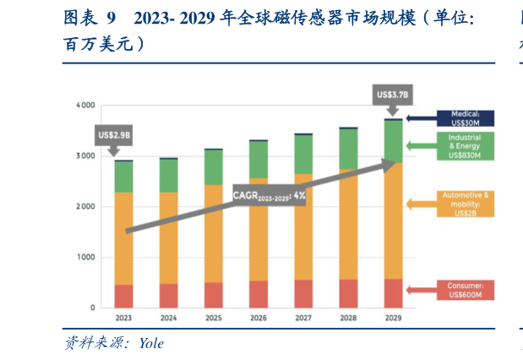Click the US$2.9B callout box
point(114,134)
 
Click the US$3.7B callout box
point(390,95)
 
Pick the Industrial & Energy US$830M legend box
point(465,146)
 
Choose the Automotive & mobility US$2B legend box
point(465,204)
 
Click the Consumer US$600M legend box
point(465,291)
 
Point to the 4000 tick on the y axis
point(85,106)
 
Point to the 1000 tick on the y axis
point(85,258)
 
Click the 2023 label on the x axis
point(123,318)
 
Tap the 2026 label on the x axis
point(258,318)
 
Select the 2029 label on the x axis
point(392,318)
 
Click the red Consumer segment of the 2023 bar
point(123,296)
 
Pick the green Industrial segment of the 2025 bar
point(213,167)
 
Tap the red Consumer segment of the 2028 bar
point(347,293)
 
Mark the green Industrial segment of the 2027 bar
point(302,155)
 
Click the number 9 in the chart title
point(110,18)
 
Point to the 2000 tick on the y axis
point(85,207)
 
